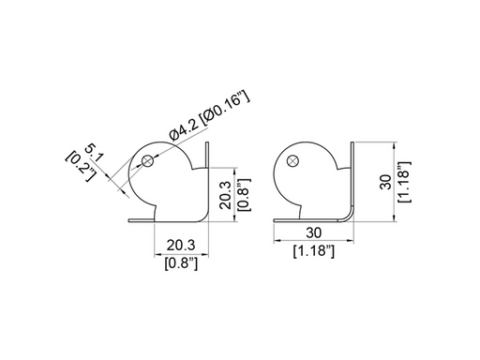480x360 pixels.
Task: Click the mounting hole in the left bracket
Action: [x=148, y=161]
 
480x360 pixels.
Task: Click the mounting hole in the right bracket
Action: [x=292, y=161]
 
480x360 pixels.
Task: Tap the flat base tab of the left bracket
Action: [x=141, y=223]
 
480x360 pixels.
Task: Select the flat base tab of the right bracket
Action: [x=286, y=221]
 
